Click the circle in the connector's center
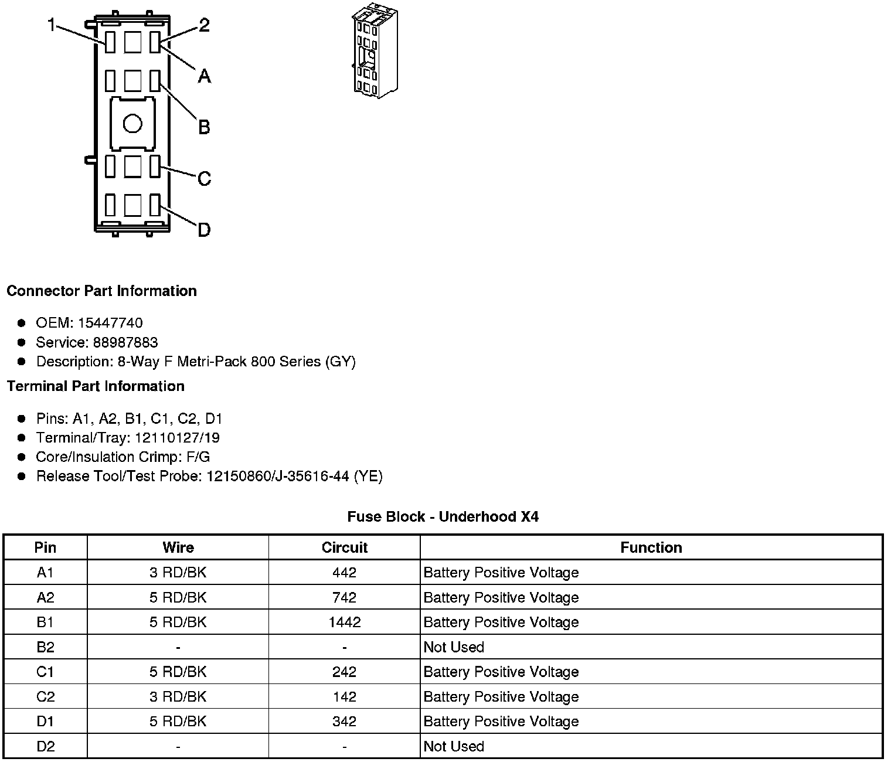pyautogui.click(x=132, y=124)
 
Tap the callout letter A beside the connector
pyautogui.click(x=204, y=76)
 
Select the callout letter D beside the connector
pyautogui.click(x=204, y=230)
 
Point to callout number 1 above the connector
pyautogui.click(x=52, y=25)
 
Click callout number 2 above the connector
pyautogui.click(x=204, y=25)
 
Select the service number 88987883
pyautogui.click(x=125, y=342)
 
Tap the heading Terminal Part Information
pyautogui.click(x=96, y=386)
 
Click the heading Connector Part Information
pyautogui.click(x=101, y=291)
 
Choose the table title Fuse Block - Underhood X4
pyautogui.click(x=443, y=516)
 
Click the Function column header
pyautogui.click(x=651, y=547)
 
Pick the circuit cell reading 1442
pyautogui.click(x=344, y=622)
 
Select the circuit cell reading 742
pyautogui.click(x=344, y=597)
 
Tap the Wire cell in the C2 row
pyautogui.click(x=178, y=696)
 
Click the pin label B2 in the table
pyautogui.click(x=45, y=647)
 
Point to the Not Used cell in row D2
pyautogui.click(x=454, y=746)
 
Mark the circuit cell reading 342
pyautogui.click(x=344, y=721)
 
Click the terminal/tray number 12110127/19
pyautogui.click(x=177, y=438)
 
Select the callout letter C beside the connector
pyautogui.click(x=204, y=178)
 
